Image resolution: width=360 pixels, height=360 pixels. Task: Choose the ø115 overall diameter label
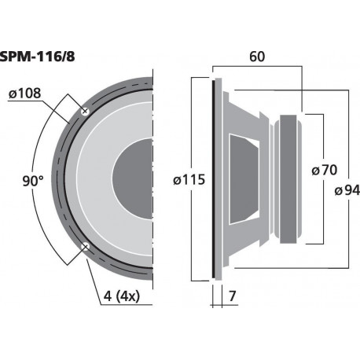point(191,179)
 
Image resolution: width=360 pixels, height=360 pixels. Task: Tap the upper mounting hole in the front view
point(85,112)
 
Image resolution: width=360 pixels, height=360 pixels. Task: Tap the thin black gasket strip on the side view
point(214,178)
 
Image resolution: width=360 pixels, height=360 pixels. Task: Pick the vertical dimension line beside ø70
point(321,141)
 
